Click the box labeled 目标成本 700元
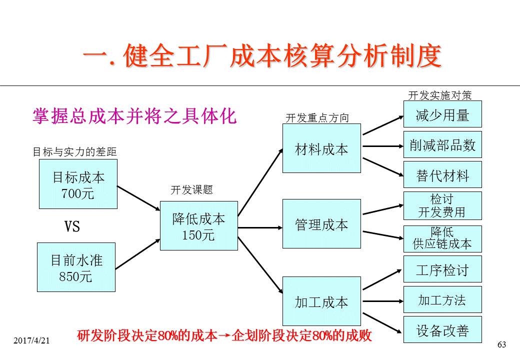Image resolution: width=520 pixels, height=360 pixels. (78, 184)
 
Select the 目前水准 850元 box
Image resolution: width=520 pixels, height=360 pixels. (76, 267)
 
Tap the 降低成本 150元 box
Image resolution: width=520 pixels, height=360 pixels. (198, 225)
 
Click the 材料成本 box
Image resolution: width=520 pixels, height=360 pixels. (321, 148)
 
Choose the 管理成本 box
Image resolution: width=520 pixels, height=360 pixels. (321, 224)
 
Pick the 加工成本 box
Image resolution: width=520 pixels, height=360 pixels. (321, 301)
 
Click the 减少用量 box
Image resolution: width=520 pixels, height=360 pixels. (442, 114)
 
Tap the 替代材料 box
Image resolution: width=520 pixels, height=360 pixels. (442, 174)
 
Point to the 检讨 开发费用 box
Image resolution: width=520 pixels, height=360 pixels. (442, 205)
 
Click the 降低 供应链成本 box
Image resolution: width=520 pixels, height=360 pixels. (442, 238)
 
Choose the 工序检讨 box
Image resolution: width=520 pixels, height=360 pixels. (442, 269)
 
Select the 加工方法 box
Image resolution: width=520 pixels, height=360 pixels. (442, 299)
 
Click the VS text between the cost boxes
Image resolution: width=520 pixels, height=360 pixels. (72, 227)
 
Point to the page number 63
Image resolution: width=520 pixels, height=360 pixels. (502, 344)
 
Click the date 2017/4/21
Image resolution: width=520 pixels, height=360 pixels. (32, 340)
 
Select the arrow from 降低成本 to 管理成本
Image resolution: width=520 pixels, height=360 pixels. (260, 227)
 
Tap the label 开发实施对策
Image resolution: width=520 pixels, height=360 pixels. (439, 95)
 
